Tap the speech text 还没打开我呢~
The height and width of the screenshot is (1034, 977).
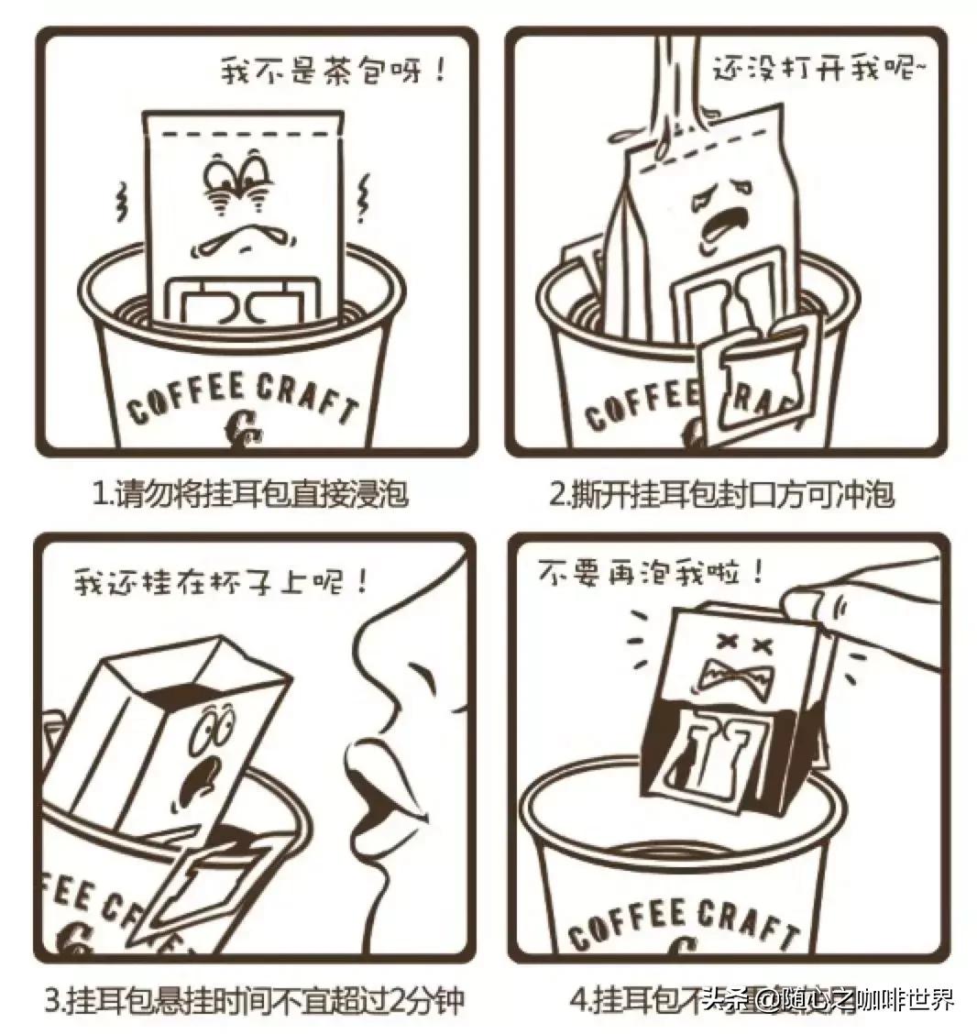pyautogui.click(x=812, y=68)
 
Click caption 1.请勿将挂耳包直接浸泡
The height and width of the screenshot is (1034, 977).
pyautogui.click(x=250, y=495)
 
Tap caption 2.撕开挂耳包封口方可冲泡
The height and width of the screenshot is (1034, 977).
pyautogui.click(x=721, y=495)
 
